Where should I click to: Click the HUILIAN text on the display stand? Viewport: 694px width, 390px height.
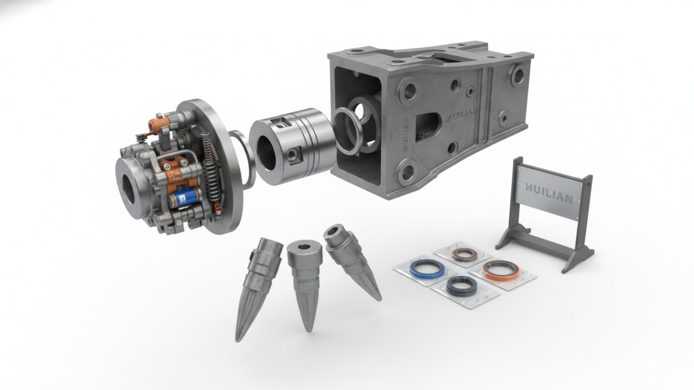(x=549, y=193)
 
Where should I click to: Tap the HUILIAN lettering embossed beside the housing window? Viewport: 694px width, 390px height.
(x=461, y=114)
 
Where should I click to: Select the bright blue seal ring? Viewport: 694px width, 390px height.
(x=427, y=268)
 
